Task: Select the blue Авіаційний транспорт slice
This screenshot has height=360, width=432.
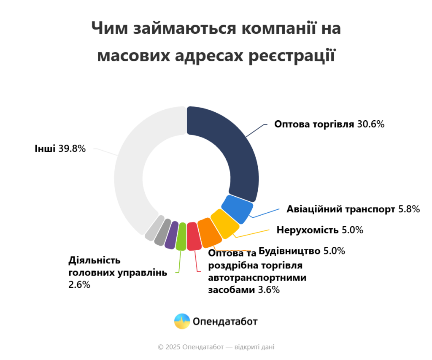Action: pyautogui.click(x=238, y=208)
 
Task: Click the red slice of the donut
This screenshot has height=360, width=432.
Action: pyautogui.click(x=193, y=236)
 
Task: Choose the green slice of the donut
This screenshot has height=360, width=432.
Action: pyautogui.click(x=181, y=237)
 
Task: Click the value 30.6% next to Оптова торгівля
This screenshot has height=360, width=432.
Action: pyautogui.click(x=371, y=125)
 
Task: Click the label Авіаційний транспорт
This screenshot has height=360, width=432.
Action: pyautogui.click(x=341, y=209)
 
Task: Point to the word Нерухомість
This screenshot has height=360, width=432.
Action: pyautogui.click(x=308, y=230)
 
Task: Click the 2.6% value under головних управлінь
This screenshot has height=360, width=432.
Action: pyautogui.click(x=79, y=285)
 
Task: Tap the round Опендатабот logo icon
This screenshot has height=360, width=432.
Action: pyautogui.click(x=182, y=322)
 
